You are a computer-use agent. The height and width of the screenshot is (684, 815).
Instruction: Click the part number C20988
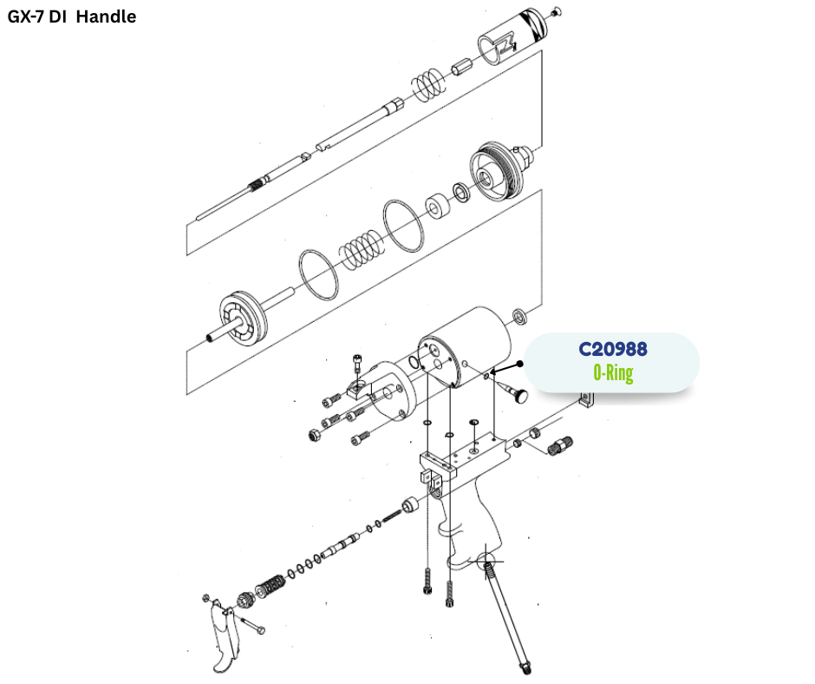click(x=613, y=349)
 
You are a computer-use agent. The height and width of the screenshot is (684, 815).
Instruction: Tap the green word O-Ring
click(x=613, y=374)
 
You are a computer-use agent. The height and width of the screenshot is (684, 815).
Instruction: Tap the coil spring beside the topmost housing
click(x=427, y=84)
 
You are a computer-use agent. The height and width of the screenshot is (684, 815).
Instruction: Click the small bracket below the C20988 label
click(x=589, y=399)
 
